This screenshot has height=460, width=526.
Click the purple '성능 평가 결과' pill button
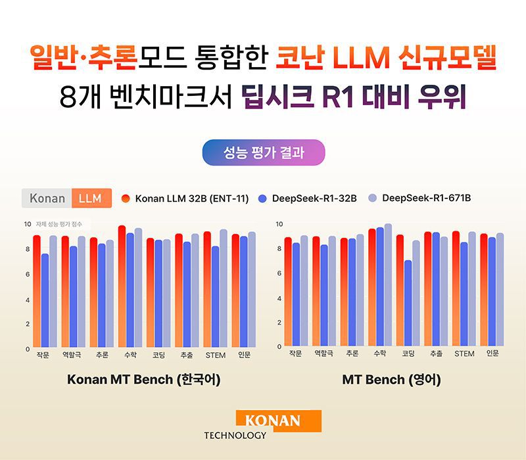pyautogui.click(x=263, y=153)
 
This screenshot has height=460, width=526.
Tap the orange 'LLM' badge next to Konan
pyautogui.click(x=91, y=198)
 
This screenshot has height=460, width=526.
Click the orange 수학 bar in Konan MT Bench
pyautogui.click(x=122, y=287)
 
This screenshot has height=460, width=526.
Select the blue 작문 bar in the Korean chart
pyautogui.click(x=45, y=301)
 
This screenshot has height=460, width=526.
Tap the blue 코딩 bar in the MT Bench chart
pyautogui.click(x=408, y=303)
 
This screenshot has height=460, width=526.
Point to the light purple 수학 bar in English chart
pyautogui.click(x=388, y=285)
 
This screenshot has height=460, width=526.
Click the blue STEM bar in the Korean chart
pyautogui.click(x=215, y=297)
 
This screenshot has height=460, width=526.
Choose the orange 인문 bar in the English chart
pyautogui.click(x=484, y=289)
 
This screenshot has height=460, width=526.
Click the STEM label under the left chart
pyautogui.click(x=215, y=356)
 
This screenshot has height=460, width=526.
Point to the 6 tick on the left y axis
pyautogui.click(x=27, y=274)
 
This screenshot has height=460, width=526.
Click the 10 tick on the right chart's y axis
pyautogui.click(x=279, y=225)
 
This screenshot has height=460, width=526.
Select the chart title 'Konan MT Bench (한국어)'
pyautogui.click(x=143, y=380)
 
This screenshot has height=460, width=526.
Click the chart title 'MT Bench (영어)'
pyautogui.click(x=391, y=380)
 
